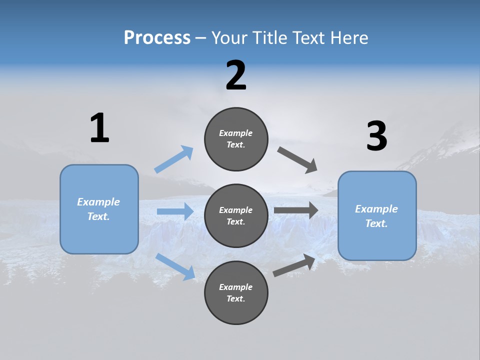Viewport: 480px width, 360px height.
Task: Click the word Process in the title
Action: coord(157,38)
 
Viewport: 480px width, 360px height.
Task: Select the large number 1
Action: coord(99,128)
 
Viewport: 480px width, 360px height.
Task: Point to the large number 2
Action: coord(236,75)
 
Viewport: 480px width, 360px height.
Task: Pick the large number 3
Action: coord(376,136)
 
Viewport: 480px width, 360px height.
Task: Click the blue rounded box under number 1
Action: coord(99,209)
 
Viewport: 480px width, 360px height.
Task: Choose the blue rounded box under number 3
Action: coord(377,216)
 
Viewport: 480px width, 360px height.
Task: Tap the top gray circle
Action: coord(236,139)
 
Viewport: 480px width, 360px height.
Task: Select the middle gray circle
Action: coord(236,216)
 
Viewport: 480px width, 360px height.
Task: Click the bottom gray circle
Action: coord(236,293)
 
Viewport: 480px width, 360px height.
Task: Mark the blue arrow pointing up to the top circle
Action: coord(174,159)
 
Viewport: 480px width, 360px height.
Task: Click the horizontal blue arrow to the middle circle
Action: coord(175,211)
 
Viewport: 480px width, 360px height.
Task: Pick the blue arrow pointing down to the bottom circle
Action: coord(175,266)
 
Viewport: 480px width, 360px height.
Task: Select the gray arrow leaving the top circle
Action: coord(297,160)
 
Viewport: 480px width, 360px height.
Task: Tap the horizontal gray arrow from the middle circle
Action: coord(296,210)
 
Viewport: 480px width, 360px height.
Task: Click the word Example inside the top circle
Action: coord(236,133)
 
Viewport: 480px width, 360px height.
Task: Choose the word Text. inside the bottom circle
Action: coord(236,299)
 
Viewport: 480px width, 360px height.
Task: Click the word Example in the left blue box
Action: coord(98,202)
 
